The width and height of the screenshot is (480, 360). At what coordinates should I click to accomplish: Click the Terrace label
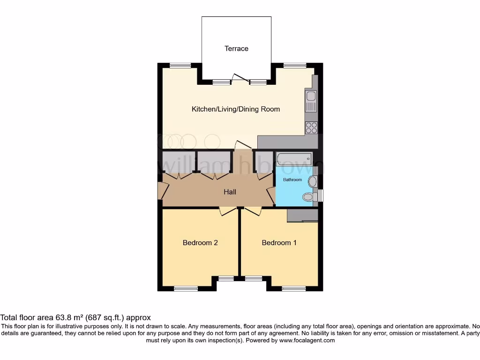(x=236, y=48)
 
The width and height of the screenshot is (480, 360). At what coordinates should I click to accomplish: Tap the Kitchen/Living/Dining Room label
(x=236, y=109)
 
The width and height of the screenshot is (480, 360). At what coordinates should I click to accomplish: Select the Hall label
(x=230, y=192)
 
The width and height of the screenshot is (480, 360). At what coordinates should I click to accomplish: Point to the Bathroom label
(x=292, y=180)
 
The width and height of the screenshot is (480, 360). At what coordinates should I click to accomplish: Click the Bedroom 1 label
(x=279, y=243)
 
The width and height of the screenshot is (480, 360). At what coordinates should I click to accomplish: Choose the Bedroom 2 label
(x=200, y=243)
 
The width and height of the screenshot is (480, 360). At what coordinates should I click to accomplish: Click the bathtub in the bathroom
(x=294, y=159)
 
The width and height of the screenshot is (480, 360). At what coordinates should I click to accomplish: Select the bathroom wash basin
(x=313, y=181)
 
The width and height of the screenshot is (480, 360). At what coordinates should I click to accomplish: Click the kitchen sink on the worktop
(x=311, y=97)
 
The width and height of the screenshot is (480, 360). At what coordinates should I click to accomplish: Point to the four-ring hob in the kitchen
(x=311, y=127)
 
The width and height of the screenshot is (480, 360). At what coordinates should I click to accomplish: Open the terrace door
(x=240, y=78)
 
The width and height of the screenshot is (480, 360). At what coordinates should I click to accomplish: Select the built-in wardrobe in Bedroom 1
(x=302, y=215)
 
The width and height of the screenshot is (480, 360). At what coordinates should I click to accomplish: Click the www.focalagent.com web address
(x=307, y=341)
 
